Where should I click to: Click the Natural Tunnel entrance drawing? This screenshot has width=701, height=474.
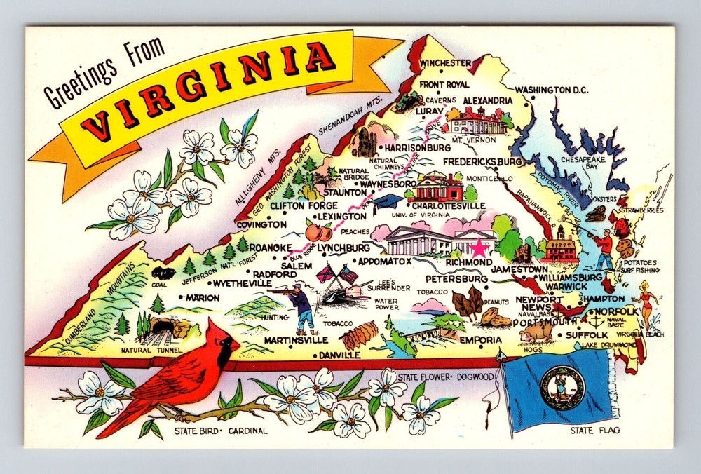(x=162, y=327)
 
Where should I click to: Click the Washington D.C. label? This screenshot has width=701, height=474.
(x=551, y=90)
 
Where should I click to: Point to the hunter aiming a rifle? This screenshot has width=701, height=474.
(x=298, y=301)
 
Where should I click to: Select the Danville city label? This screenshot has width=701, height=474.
(x=339, y=355)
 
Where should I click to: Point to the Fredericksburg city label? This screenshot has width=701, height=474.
(x=483, y=162)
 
